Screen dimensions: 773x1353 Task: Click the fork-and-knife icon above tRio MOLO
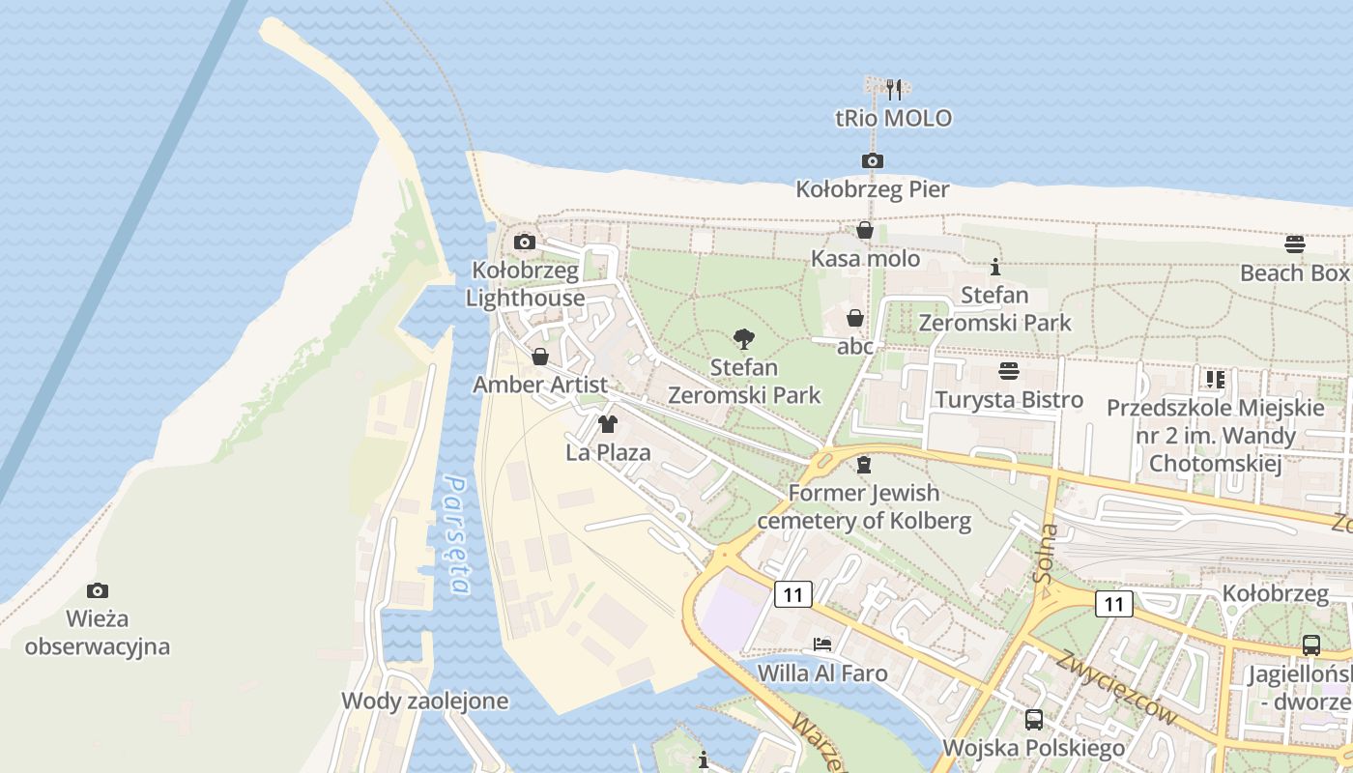[x=894, y=90]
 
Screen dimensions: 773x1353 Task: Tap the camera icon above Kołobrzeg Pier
[x=872, y=160]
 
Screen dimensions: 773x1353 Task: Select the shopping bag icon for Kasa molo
[x=865, y=230]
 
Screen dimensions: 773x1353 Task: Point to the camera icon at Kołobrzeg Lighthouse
[x=525, y=242]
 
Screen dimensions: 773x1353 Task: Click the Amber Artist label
[x=539, y=385]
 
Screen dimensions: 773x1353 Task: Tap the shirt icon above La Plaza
[x=608, y=423]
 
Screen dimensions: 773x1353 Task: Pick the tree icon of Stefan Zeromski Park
[x=743, y=338]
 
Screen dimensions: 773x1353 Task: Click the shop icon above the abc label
[x=855, y=318]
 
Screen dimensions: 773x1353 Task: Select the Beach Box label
[x=1294, y=272]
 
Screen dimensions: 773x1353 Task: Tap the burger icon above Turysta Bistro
[x=1009, y=371]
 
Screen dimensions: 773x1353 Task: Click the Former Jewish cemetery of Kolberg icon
[x=864, y=465]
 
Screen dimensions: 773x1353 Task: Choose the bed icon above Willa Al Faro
[x=822, y=644]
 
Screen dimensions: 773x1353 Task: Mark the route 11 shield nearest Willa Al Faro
[x=792, y=594]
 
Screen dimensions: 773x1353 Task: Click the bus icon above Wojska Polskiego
[x=1033, y=719]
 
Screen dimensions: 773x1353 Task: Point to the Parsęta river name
[x=456, y=534]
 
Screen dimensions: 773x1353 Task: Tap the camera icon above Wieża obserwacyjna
[x=98, y=590]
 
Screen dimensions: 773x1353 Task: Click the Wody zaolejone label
[x=425, y=701]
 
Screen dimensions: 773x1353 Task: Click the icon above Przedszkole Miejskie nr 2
[x=1215, y=379]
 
